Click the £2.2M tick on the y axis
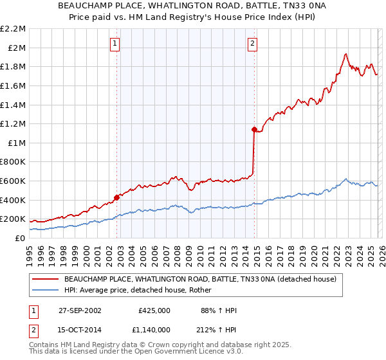pyautogui.click(x=14, y=29)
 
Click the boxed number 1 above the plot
pyautogui.click(x=115, y=44)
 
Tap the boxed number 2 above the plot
pyautogui.click(x=252, y=44)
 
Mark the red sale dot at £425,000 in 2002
pyautogui.click(x=117, y=197)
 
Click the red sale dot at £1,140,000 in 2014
pyautogui.click(x=254, y=130)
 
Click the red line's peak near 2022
pyautogui.click(x=346, y=54)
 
